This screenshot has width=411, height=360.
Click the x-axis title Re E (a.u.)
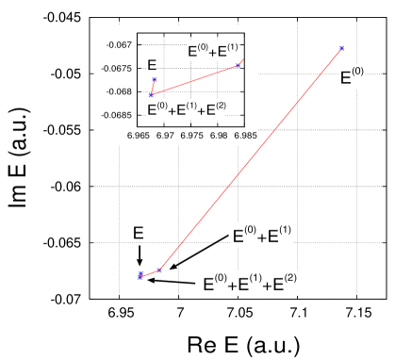point(244,344)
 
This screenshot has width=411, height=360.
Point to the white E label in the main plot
point(138,232)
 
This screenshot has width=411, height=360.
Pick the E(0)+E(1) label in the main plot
point(262,236)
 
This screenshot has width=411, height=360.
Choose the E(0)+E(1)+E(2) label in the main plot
point(251,282)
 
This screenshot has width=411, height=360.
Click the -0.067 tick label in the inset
point(118,44)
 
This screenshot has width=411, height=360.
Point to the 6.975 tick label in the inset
point(192,137)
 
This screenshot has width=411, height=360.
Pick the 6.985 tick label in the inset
point(244,137)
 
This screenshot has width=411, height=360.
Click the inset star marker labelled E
point(155,79)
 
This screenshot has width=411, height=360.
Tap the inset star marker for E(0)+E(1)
point(238,65)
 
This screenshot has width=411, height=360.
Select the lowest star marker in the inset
point(151,94)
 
